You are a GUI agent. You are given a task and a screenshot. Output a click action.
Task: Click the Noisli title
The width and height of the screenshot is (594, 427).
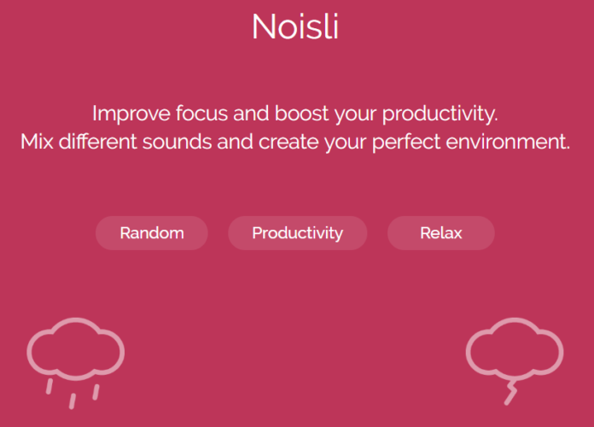pos(295,26)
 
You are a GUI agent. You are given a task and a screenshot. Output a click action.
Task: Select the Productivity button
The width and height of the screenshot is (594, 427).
pos(297,233)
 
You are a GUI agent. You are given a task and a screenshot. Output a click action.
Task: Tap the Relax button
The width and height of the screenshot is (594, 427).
pos(440,233)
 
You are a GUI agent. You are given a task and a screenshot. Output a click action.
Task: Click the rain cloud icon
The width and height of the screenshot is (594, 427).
pos(70,348)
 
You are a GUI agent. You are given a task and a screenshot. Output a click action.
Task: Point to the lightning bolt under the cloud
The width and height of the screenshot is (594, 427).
pos(510,393)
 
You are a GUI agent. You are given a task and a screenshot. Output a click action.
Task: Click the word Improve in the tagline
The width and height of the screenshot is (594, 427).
pos(128,113)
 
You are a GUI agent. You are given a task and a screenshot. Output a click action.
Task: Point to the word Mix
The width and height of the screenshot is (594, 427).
pos(38,140)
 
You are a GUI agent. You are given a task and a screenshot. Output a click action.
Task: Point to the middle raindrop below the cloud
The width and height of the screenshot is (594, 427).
pos(73,401)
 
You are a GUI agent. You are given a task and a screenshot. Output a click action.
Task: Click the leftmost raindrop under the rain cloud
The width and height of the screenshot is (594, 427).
pos(50,387)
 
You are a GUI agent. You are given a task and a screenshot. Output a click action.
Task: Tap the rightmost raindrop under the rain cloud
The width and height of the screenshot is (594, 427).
pos(96,391)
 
